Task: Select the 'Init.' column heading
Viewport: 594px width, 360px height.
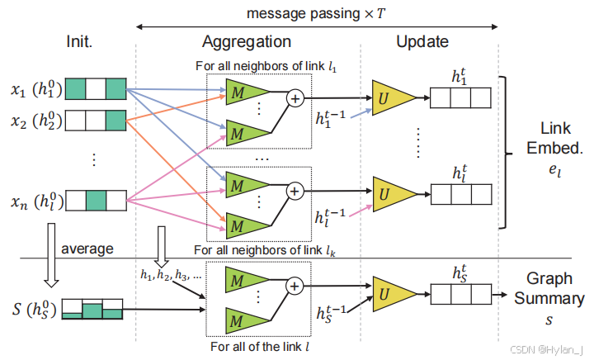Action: pos(82,41)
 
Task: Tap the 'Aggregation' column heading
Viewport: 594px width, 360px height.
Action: pos(247,41)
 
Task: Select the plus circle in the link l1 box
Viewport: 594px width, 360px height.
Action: pos(295,98)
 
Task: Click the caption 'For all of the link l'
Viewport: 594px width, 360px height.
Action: pos(259,347)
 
